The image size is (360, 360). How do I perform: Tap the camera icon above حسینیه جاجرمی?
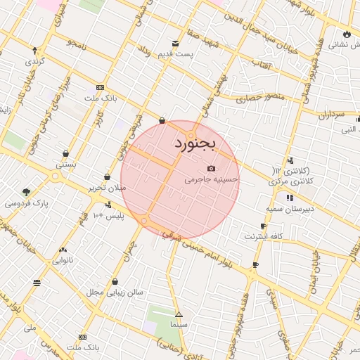(x=212, y=169)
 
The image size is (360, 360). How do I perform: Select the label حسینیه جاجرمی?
(x=212, y=180)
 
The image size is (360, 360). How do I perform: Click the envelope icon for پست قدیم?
(x=175, y=44)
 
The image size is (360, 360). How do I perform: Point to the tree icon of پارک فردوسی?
(x=27, y=192)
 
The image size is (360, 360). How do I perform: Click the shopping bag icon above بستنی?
(x=65, y=154)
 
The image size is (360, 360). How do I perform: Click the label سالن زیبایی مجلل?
(x=115, y=291)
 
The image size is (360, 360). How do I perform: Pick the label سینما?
(x=179, y=326)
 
